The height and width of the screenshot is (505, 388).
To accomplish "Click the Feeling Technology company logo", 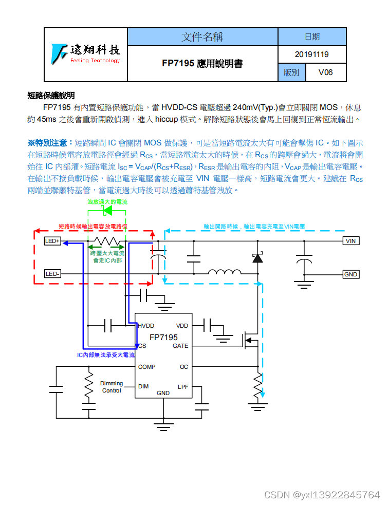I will (x=86, y=53).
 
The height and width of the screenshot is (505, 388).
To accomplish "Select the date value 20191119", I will (x=312, y=54).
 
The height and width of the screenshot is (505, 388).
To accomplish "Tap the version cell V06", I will (x=325, y=72).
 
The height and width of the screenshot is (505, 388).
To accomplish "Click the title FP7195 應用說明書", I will (x=202, y=64).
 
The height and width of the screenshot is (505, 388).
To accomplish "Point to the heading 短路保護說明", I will (x=51, y=96).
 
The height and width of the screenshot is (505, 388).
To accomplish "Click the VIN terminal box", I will (x=350, y=241).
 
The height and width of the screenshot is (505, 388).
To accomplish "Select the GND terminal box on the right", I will (x=350, y=274).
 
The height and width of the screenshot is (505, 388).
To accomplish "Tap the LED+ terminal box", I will (x=52, y=241).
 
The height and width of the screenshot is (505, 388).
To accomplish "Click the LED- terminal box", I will (x=52, y=274).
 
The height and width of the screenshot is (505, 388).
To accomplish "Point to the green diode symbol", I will (x=107, y=211).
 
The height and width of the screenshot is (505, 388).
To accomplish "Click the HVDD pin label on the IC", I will (x=146, y=326).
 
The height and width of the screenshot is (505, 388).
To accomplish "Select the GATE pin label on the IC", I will (x=180, y=346).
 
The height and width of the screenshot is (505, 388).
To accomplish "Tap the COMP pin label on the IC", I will (x=147, y=367).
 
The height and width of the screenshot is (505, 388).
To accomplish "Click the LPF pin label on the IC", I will (x=183, y=386).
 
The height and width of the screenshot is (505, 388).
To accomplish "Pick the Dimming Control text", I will (x=112, y=387).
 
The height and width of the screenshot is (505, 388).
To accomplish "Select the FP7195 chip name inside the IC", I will (x=163, y=337).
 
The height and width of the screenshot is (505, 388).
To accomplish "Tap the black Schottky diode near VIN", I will (x=257, y=258).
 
